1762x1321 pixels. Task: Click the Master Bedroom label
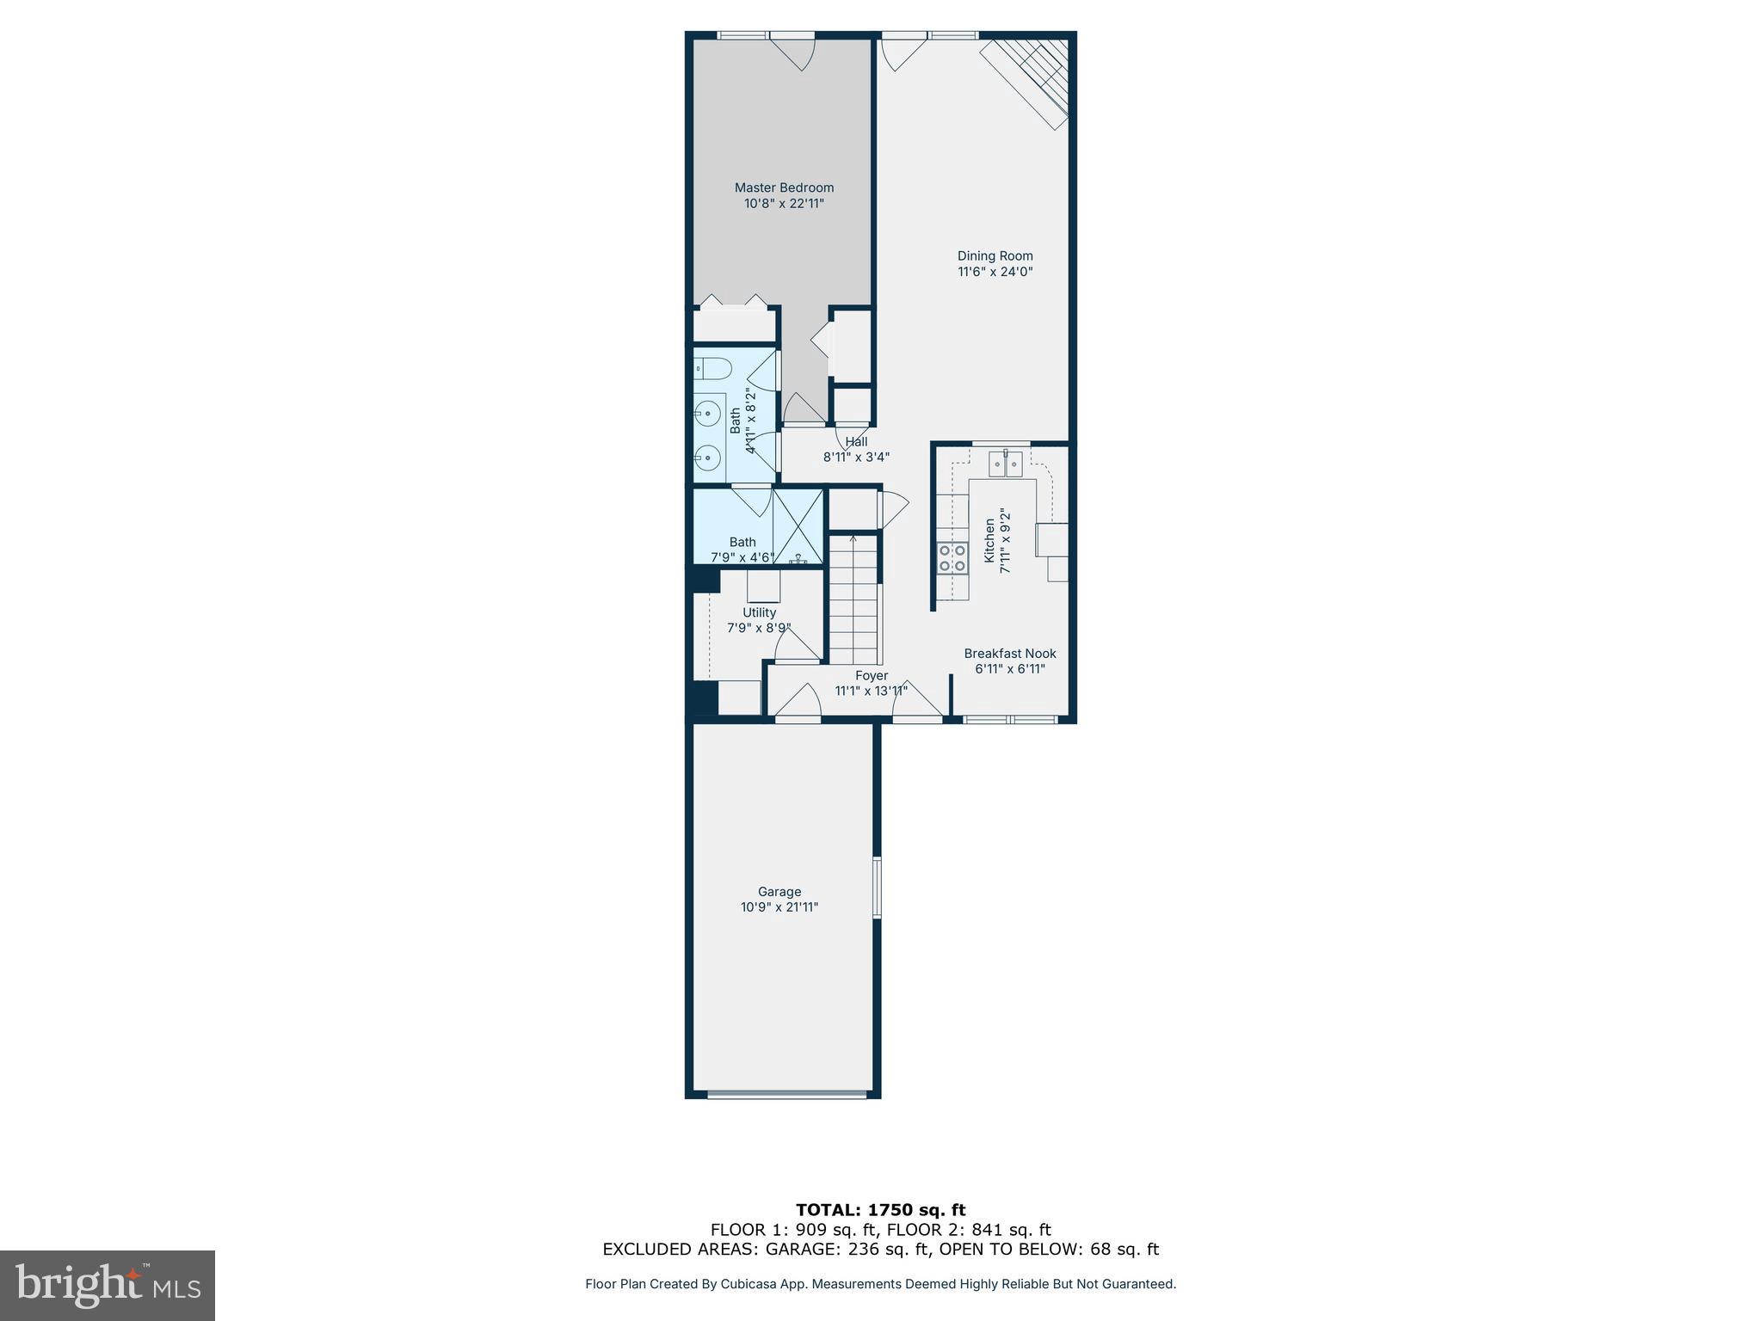pyautogui.click(x=784, y=187)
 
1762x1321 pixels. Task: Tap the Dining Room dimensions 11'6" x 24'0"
pyautogui.click(x=995, y=272)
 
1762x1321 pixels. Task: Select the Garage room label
pyautogui.click(x=779, y=892)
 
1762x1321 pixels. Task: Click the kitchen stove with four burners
pyautogui.click(x=952, y=557)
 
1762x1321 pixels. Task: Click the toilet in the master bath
pyautogui.click(x=712, y=369)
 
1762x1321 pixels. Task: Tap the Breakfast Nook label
pyautogui.click(x=1010, y=654)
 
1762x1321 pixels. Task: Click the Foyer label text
pyautogui.click(x=871, y=676)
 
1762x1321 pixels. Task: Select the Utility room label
pyautogui.click(x=759, y=612)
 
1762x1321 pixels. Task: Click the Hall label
pyautogui.click(x=856, y=442)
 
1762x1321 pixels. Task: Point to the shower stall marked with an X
pyautogui.click(x=798, y=526)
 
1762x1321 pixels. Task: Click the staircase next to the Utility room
pyautogui.click(x=853, y=602)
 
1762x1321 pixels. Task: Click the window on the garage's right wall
pyautogui.click(x=877, y=887)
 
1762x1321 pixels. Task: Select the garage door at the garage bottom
pyautogui.click(x=786, y=1094)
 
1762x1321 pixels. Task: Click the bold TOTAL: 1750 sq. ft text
pyautogui.click(x=880, y=1210)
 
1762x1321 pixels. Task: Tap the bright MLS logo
pyautogui.click(x=108, y=1286)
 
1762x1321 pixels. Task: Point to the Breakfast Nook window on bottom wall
pyautogui.click(x=1010, y=718)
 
